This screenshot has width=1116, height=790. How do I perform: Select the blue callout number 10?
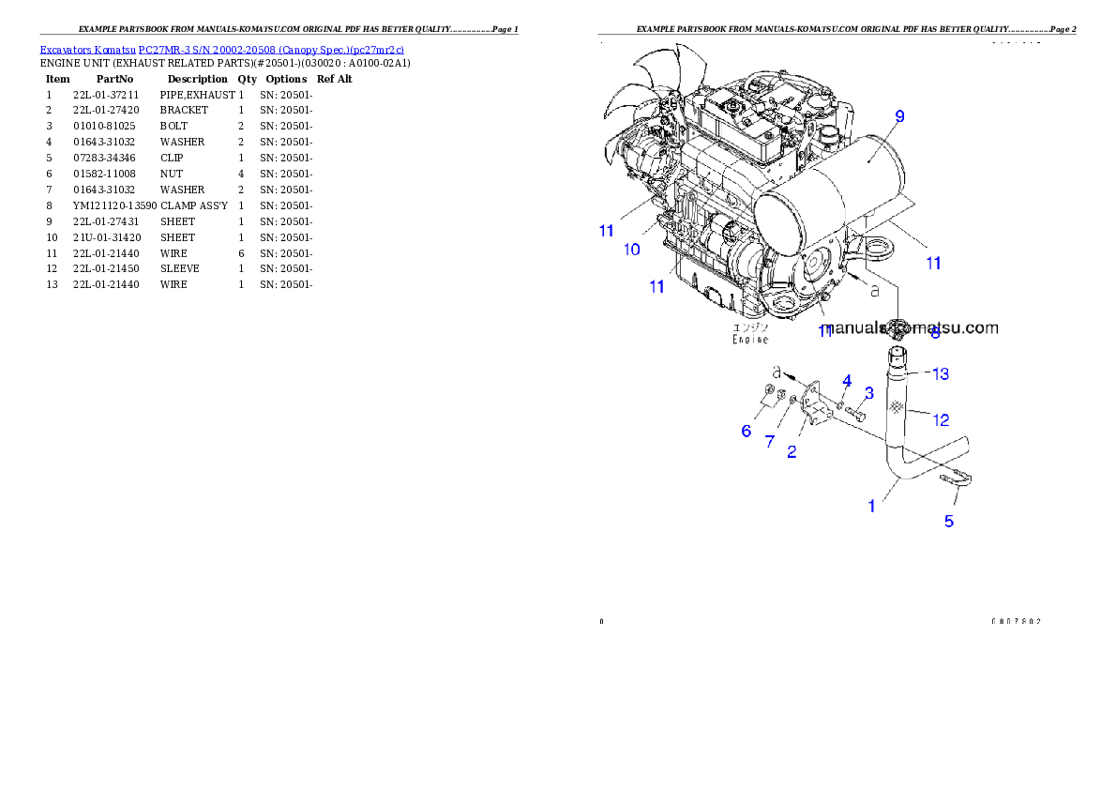[632, 250]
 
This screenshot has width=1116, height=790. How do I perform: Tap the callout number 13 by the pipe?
[940, 373]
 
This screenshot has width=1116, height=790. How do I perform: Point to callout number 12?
[940, 419]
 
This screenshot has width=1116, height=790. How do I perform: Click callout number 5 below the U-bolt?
[949, 521]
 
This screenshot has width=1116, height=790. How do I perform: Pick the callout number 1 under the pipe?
[871, 506]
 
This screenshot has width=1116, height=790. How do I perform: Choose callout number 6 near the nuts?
[747, 431]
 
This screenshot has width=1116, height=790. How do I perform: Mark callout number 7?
[769, 441]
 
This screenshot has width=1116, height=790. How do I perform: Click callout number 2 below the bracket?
[792, 451]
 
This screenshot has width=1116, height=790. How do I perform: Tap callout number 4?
[846, 380]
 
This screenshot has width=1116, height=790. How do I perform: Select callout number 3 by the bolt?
[869, 392]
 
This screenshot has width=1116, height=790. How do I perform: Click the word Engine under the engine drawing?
[750, 340]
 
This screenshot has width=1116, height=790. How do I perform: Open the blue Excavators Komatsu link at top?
[221, 50]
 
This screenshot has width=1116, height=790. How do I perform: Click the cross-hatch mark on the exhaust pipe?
[897, 406]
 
